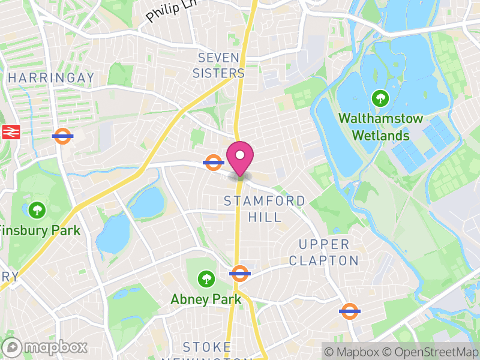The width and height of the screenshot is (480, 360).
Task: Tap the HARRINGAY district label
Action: click(x=52, y=78)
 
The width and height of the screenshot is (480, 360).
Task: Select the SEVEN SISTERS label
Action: click(x=221, y=65)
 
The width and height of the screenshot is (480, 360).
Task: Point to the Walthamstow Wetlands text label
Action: click(x=380, y=127)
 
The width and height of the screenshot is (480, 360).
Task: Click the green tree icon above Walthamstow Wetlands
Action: click(x=380, y=98)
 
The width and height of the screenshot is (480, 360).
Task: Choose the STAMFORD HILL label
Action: click(x=265, y=208)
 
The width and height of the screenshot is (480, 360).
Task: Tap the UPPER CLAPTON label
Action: click(x=324, y=252)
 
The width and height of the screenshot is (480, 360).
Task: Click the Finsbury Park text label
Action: click(x=40, y=230)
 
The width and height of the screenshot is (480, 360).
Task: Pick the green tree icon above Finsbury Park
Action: click(x=37, y=209)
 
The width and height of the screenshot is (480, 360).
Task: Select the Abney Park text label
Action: click(x=206, y=299)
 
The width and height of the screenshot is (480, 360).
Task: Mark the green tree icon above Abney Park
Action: click(x=206, y=278)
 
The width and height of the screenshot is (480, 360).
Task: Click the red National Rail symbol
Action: click(x=11, y=133)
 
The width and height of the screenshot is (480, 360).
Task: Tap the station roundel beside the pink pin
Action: click(x=214, y=162)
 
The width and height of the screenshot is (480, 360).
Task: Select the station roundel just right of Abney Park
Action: click(x=239, y=274)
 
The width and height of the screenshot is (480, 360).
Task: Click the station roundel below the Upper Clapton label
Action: click(x=349, y=311)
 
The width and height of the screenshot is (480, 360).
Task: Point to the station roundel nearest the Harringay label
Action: click(x=62, y=136)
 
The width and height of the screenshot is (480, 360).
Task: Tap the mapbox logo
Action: click(x=46, y=347)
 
